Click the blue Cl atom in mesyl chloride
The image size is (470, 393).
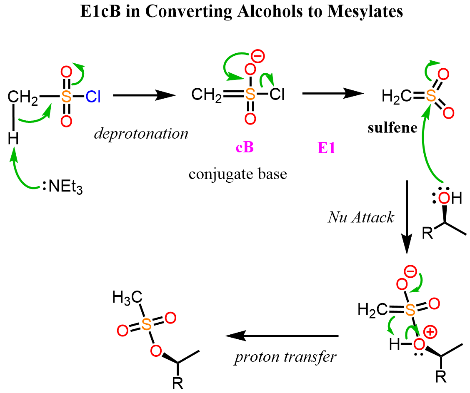pyautogui.click(x=93, y=97)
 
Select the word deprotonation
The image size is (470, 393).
pyautogui.click(x=140, y=134)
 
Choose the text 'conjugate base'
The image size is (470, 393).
pyautogui.click(x=238, y=173)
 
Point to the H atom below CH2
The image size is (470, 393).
pyautogui.click(x=13, y=139)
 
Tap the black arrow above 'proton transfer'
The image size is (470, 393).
pyautogui.click(x=282, y=336)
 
